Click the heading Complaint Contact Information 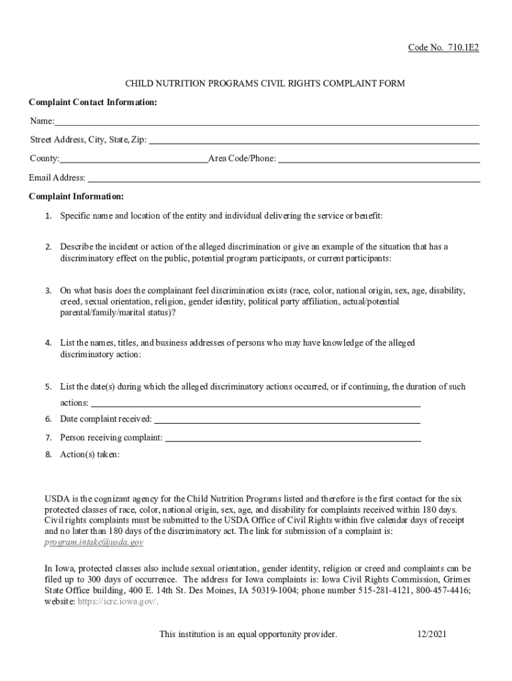pos(93,102)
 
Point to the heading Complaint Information pos(76,197)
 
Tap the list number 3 pos(49,291)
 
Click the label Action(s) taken pos(90,455)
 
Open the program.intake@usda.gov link pos(94,542)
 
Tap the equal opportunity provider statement pos(248,634)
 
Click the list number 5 pos(49,387)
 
